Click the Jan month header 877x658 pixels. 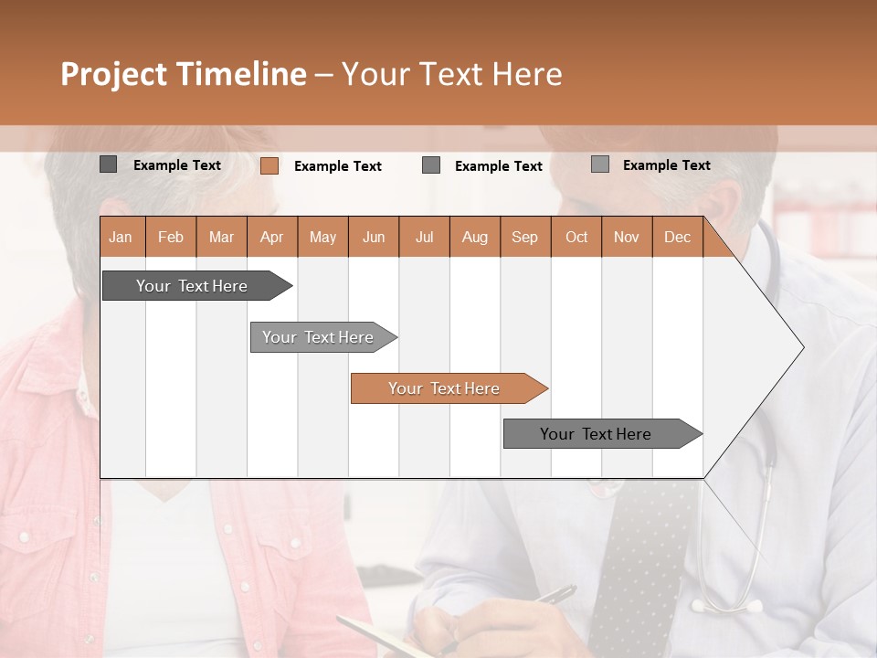[x=122, y=238]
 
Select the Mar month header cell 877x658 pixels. [x=221, y=238]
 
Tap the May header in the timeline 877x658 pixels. [x=322, y=238]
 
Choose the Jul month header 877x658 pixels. [x=424, y=238]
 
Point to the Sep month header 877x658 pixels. [x=525, y=238]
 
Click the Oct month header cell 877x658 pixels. [x=576, y=238]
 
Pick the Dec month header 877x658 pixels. [x=677, y=238]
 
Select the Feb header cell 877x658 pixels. [x=171, y=238]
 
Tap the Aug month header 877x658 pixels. [x=474, y=238]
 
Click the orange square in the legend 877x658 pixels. [x=269, y=165]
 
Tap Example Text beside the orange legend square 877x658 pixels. [x=337, y=166]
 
